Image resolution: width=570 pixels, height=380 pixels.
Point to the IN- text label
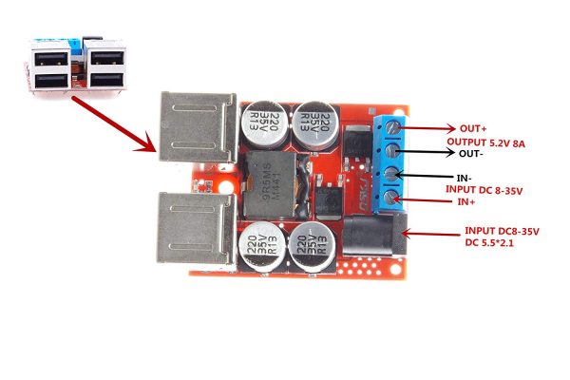click(464, 178)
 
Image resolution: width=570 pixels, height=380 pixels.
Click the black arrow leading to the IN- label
click(427, 175)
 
